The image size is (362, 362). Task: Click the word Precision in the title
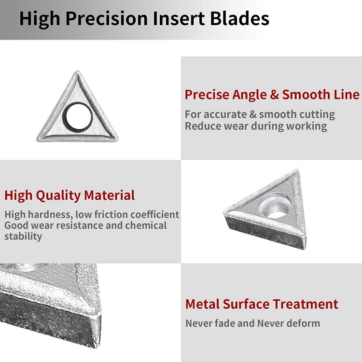coord(107,19)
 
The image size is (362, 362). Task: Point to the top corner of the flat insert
coord(77,71)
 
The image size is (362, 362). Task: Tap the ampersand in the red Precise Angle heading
coord(274,95)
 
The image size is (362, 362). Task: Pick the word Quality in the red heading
coord(58,195)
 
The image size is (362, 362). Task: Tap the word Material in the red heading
coord(109,195)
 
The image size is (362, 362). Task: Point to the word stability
coord(23,237)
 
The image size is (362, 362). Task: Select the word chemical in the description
coord(146,225)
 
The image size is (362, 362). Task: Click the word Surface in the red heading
coord(246,304)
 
